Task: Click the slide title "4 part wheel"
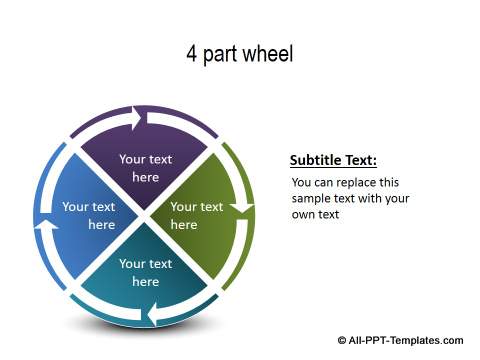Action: [239, 54]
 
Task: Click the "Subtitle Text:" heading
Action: [333, 160]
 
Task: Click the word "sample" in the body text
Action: [311, 198]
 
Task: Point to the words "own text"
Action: [316, 214]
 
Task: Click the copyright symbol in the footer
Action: [343, 340]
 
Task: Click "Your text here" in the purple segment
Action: [146, 168]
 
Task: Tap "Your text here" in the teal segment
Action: [146, 273]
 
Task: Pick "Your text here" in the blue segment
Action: [89, 216]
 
